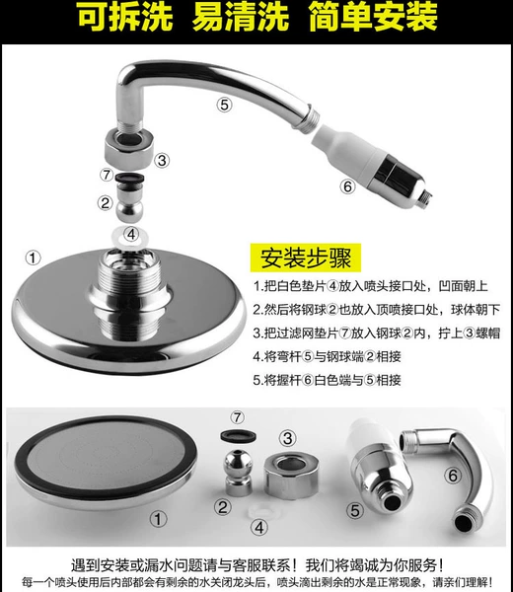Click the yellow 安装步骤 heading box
[306, 258]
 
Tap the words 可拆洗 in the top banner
[125, 17]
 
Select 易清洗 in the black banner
[241, 17]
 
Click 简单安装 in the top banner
[373, 17]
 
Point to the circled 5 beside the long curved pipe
[224, 105]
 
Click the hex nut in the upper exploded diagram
[129, 149]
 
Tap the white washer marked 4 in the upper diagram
[130, 237]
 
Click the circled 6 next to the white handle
[347, 186]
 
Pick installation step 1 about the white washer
[370, 286]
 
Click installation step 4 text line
[327, 356]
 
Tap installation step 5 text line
[327, 380]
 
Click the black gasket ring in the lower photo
[238, 436]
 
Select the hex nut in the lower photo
[291, 475]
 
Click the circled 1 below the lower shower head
[158, 519]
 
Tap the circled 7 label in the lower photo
[237, 417]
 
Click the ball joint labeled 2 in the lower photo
[238, 473]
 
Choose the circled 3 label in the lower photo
[288, 438]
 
